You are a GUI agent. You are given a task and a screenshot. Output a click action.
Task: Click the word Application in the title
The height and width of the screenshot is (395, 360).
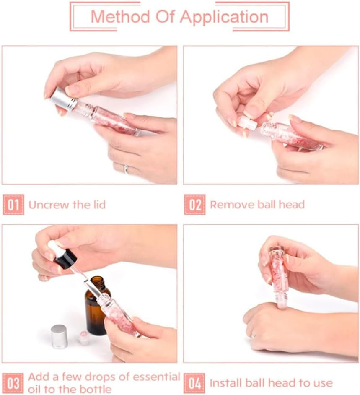(224, 17)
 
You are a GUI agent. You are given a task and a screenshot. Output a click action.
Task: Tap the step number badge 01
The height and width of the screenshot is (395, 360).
(13, 205)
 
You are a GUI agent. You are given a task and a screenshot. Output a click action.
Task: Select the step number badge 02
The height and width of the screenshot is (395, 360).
(194, 205)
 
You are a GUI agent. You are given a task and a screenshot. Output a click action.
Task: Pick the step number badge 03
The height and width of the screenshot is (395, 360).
(13, 383)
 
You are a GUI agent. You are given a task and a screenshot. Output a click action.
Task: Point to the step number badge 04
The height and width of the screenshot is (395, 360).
(194, 383)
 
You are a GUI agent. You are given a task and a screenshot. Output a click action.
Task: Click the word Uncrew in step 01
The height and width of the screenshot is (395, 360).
(49, 205)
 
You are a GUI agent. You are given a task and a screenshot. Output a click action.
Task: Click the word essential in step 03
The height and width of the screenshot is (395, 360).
(156, 377)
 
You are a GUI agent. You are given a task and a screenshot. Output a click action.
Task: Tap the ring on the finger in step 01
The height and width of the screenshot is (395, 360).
(127, 169)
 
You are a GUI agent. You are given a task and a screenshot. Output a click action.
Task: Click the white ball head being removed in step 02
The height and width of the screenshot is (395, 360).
(248, 123)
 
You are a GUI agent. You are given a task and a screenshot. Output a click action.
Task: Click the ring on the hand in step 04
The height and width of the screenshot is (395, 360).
(254, 335)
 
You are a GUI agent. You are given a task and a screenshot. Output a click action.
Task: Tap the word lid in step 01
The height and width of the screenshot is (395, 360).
(99, 205)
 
